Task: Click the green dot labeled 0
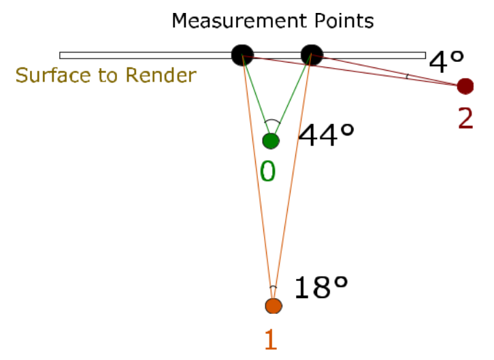271,141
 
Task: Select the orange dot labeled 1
273,306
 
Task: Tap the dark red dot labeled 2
465,86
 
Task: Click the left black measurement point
242,55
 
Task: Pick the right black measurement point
311,55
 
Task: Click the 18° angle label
321,289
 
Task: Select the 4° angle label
447,63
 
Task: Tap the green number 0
268,171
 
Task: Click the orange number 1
271,339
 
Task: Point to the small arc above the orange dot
273,287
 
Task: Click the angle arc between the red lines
407,76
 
